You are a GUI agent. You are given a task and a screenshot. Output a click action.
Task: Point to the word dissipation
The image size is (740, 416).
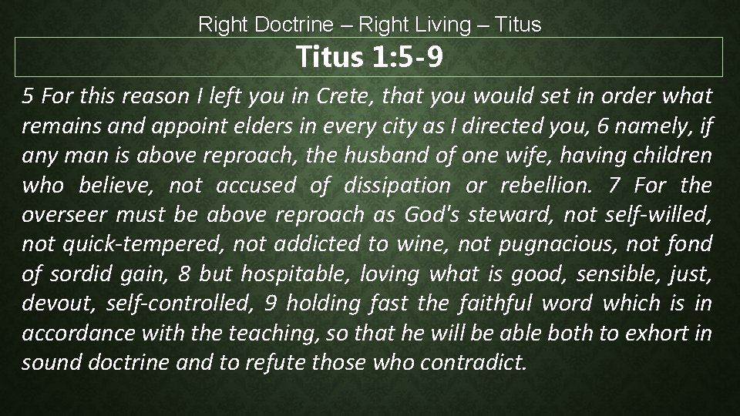[402, 185]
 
